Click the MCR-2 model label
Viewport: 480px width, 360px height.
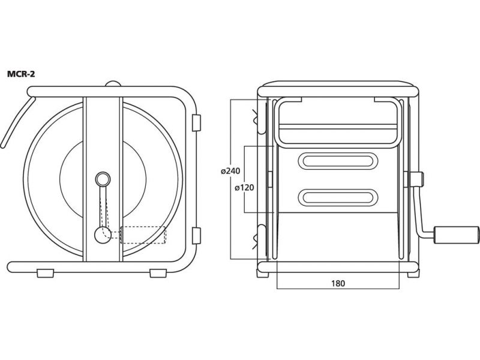(21, 74)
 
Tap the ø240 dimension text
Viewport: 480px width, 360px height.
(230, 171)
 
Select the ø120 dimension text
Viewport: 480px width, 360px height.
(244, 187)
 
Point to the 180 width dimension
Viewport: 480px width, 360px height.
(338, 283)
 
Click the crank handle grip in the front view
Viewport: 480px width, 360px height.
(455, 235)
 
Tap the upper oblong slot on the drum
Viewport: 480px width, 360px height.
(338, 161)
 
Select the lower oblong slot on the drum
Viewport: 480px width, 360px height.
(338, 198)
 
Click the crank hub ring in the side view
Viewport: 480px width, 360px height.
(103, 179)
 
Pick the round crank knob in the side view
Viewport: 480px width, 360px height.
(103, 235)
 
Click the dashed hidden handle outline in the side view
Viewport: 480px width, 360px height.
(143, 235)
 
